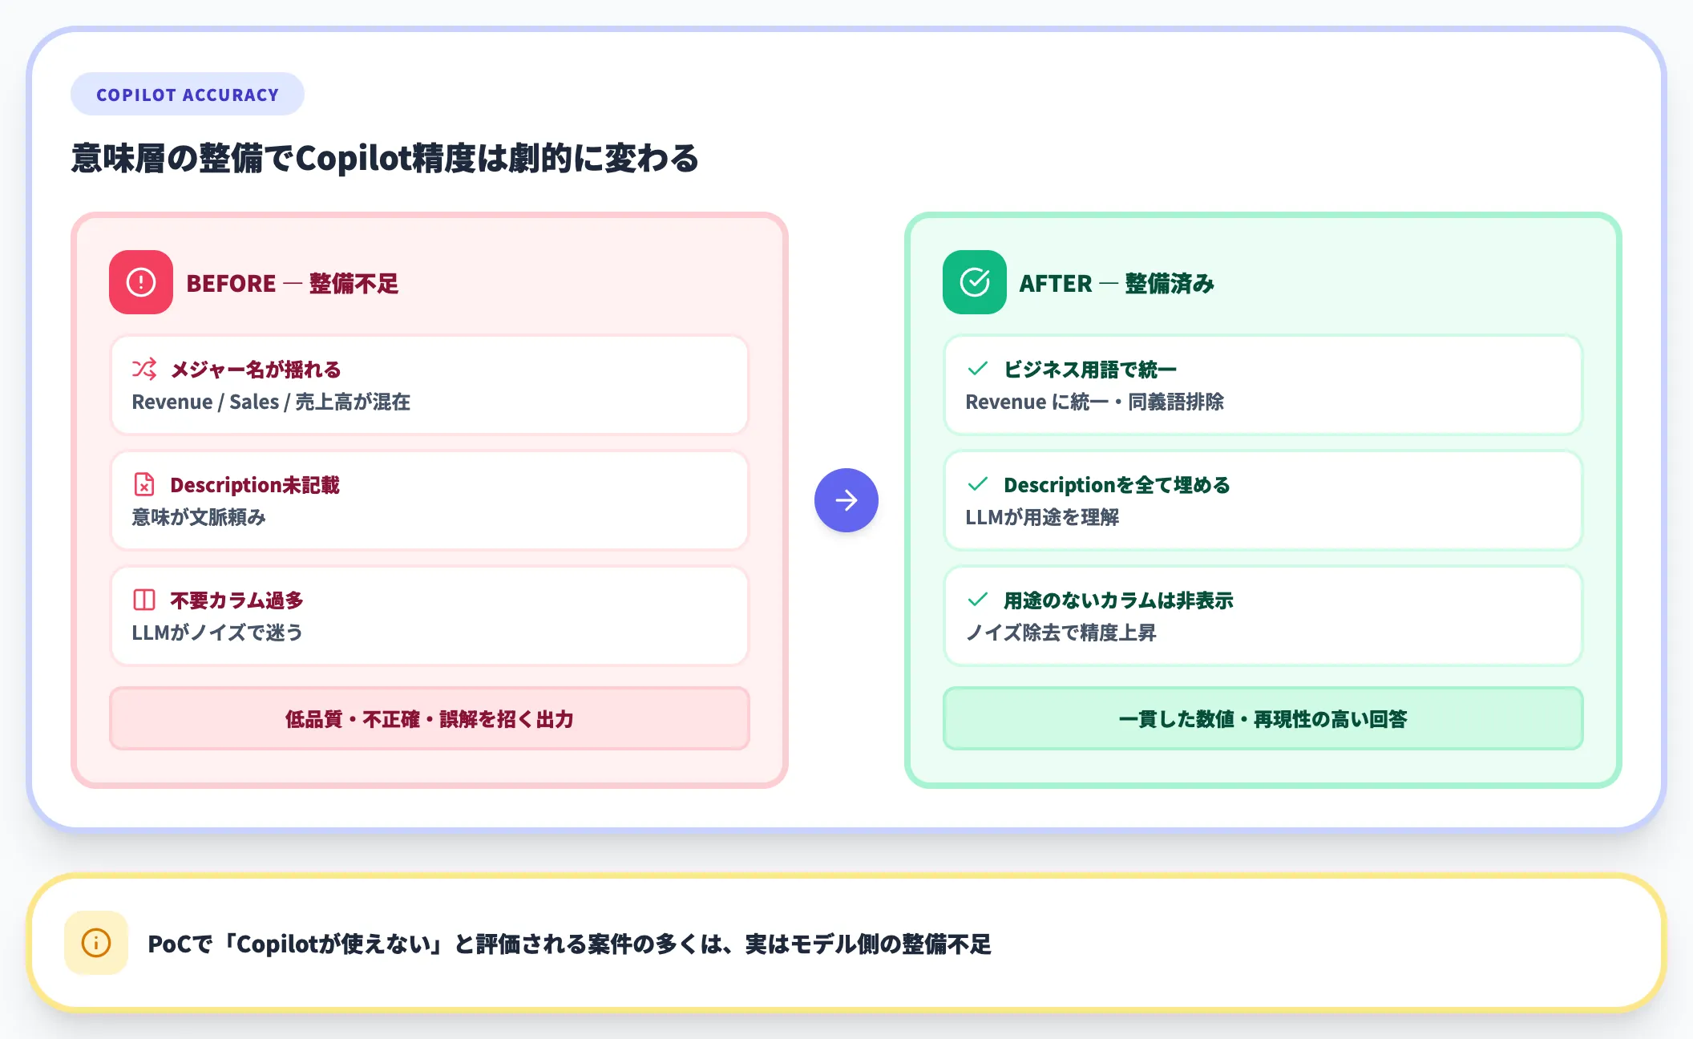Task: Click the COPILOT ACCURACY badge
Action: (187, 95)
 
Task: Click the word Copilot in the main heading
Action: (354, 158)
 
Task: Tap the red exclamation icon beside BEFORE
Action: (141, 282)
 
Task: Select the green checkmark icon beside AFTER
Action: (974, 282)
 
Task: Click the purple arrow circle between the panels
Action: (846, 500)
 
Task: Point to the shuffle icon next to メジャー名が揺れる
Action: (144, 369)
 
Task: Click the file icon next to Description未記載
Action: (144, 484)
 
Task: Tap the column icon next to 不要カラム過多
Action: (144, 600)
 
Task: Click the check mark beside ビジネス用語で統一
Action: (978, 369)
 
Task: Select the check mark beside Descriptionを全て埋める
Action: (978, 484)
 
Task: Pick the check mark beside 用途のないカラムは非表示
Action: (978, 600)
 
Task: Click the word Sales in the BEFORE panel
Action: (254, 402)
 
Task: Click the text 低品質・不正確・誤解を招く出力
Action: (430, 719)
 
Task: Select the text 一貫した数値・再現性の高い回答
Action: (1263, 719)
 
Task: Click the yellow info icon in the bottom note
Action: (96, 943)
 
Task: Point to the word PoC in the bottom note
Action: (169, 944)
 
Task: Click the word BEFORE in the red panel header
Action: (231, 283)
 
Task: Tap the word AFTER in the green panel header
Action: (1055, 283)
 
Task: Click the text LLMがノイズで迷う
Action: (217, 633)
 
